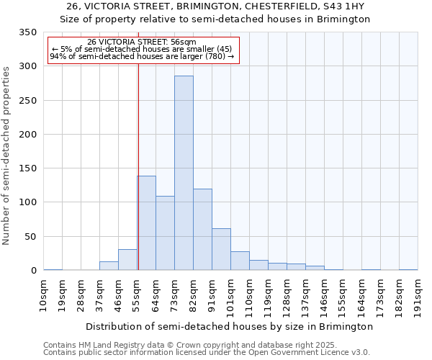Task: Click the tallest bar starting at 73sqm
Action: tap(184, 173)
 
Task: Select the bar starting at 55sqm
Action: tap(147, 223)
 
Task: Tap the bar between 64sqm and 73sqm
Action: tap(165, 233)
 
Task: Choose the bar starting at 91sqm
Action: tap(221, 250)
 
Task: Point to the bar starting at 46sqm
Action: tap(127, 260)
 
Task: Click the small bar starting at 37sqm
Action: tap(109, 266)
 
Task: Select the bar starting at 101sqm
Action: tap(240, 261)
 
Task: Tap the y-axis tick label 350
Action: tap(27, 32)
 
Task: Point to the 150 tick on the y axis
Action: tap(27, 168)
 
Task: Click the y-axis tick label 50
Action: tap(30, 237)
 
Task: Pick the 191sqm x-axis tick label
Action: tap(418, 295)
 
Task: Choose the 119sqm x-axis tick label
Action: tap(269, 295)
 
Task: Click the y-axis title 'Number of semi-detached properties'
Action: tap(7, 155)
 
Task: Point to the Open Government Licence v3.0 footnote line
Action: tap(207, 352)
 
